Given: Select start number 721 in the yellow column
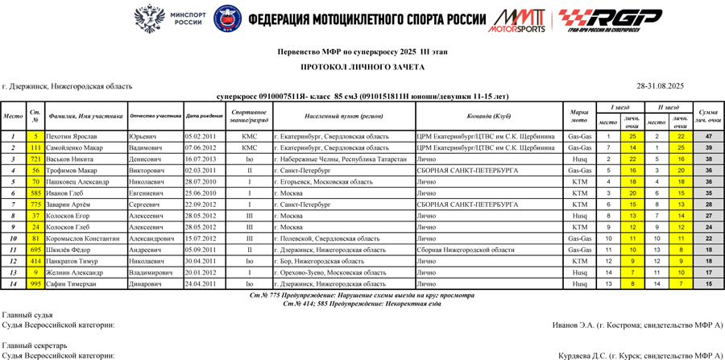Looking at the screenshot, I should click(x=35, y=159).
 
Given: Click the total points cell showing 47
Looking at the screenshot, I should click(x=708, y=136).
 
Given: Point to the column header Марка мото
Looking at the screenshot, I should click(x=578, y=116).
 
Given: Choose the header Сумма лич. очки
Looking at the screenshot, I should click(x=708, y=116).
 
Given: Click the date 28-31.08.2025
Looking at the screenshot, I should click(x=660, y=85).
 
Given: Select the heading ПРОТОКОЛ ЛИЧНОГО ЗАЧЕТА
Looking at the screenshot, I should click(x=362, y=67).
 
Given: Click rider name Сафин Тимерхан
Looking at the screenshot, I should click(x=72, y=283).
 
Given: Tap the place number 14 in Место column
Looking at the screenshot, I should click(x=14, y=283).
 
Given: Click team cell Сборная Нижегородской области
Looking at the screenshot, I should click(x=465, y=250).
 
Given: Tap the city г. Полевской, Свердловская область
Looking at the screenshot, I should click(x=327, y=238).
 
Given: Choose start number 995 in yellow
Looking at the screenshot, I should click(x=35, y=283).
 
